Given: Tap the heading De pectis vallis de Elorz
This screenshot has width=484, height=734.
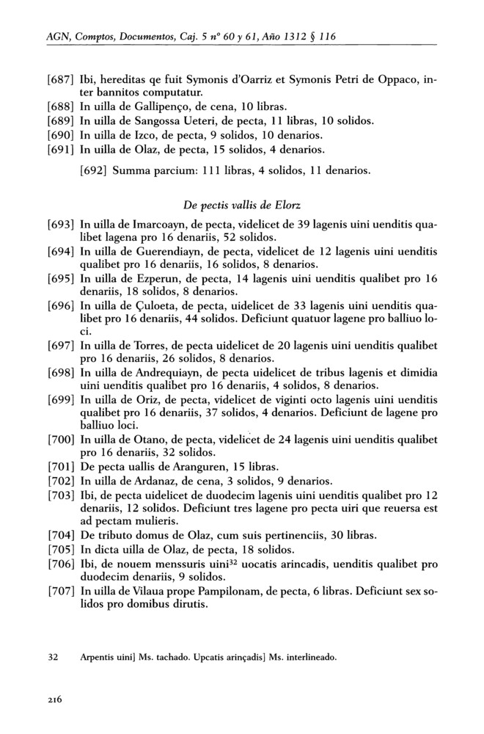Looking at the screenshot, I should tap(242, 204).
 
